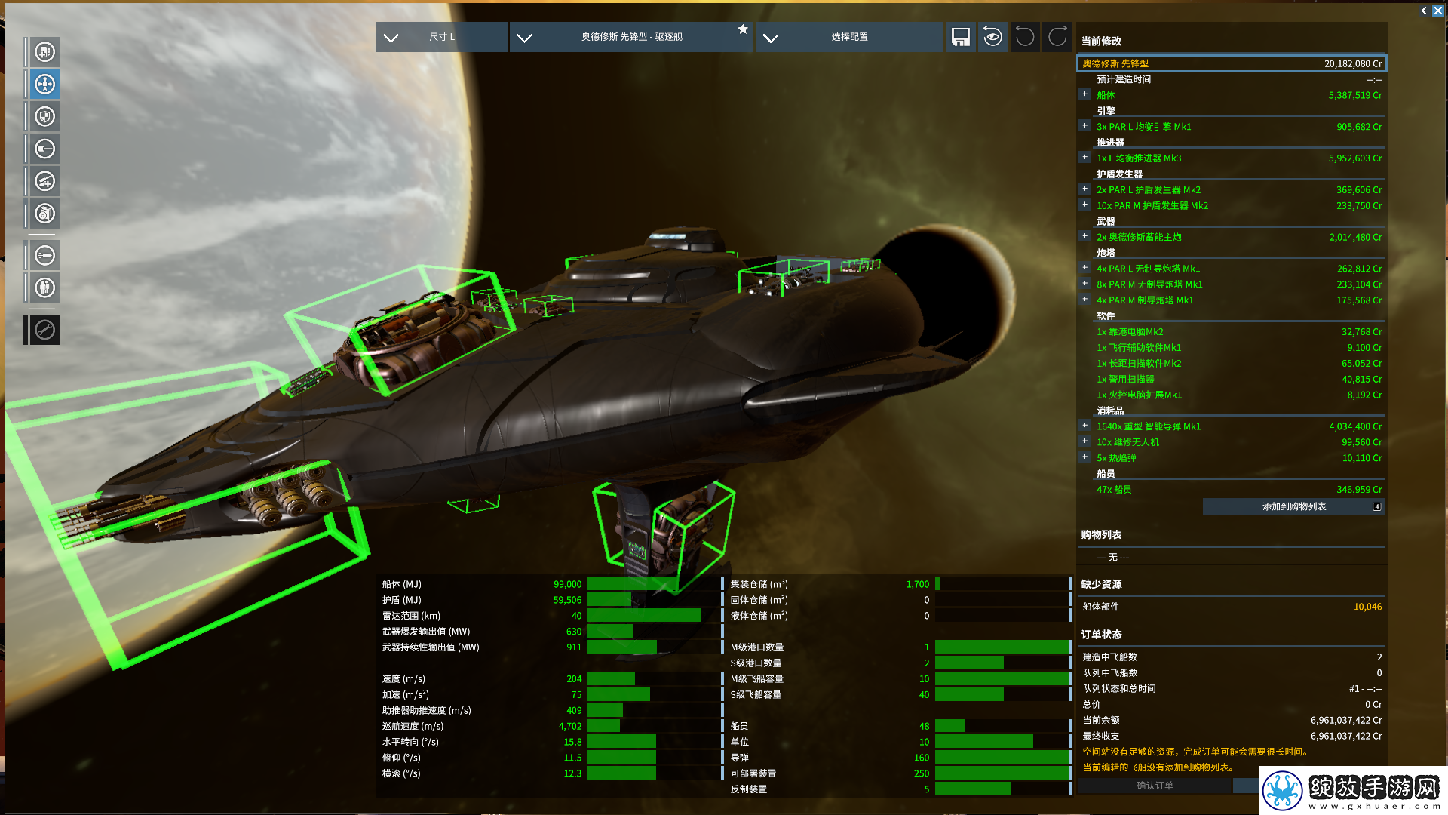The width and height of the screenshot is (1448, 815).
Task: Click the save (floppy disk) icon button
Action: pyautogui.click(x=960, y=37)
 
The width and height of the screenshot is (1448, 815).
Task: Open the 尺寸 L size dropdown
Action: pyautogui.click(x=441, y=37)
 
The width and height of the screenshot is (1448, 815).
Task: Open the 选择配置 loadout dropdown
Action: pyautogui.click(x=849, y=37)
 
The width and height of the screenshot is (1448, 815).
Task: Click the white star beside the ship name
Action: pyautogui.click(x=743, y=29)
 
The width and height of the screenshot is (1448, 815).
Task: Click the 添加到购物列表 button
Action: pyautogui.click(x=1293, y=506)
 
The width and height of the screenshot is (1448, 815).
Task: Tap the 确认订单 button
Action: pyautogui.click(x=1155, y=786)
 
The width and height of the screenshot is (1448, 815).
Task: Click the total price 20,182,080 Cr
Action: pyautogui.click(x=1353, y=64)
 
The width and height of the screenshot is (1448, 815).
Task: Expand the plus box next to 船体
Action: pyautogui.click(x=1084, y=94)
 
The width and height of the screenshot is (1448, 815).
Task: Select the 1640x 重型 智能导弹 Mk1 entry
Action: pyautogui.click(x=1149, y=426)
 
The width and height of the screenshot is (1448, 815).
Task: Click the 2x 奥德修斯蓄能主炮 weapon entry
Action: pyautogui.click(x=1139, y=237)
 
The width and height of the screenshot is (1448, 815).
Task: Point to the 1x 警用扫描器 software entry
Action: pyautogui.click(x=1125, y=379)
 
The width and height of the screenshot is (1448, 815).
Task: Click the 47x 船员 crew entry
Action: pyautogui.click(x=1114, y=490)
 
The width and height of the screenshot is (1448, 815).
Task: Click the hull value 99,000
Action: pyautogui.click(x=567, y=584)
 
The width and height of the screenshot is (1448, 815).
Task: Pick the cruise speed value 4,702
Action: pyautogui.click(x=569, y=726)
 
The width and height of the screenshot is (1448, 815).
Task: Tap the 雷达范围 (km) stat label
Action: pyautogui.click(x=411, y=616)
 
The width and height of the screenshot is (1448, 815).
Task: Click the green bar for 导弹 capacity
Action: pyautogui.click(x=1002, y=758)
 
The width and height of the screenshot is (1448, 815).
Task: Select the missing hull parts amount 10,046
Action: pyautogui.click(x=1367, y=607)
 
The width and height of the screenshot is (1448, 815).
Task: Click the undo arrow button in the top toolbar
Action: pyautogui.click(x=1025, y=37)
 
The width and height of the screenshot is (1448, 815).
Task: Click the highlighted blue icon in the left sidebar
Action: pyautogui.click(x=44, y=84)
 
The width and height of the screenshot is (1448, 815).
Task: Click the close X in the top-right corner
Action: pyautogui.click(x=1438, y=11)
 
